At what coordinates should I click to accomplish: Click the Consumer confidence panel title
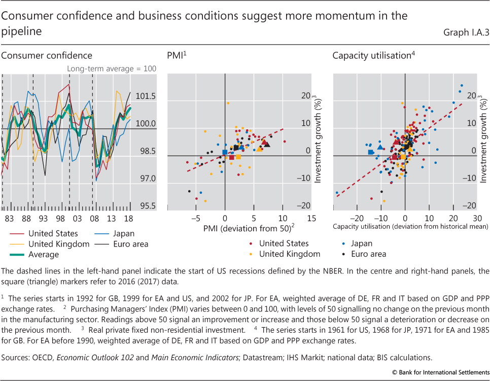[x=47, y=56]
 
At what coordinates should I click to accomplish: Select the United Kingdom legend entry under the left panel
[x=59, y=244]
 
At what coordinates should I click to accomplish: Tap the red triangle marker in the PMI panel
[x=264, y=143]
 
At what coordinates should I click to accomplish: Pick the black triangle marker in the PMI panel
[x=267, y=145]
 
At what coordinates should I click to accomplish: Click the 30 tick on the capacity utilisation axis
[x=477, y=217]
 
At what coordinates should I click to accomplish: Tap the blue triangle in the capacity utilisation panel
[x=380, y=147]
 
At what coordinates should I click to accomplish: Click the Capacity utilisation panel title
[x=371, y=56]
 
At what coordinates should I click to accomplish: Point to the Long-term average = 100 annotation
[x=112, y=68]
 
